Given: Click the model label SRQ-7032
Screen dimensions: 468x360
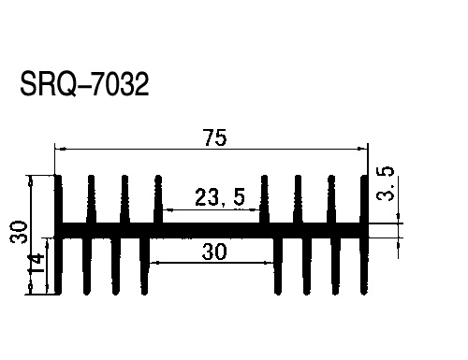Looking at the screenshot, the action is point(84,84).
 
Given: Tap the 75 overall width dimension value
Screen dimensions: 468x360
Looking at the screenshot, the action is point(215,137).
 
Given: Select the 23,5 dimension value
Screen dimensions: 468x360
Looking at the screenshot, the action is point(220,197).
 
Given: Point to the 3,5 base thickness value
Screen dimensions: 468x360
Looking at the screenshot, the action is point(386,183).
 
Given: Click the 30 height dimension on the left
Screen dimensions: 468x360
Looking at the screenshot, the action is point(19,232).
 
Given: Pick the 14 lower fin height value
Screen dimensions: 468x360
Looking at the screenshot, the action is point(37,264).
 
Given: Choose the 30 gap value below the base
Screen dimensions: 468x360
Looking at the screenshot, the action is point(214,252).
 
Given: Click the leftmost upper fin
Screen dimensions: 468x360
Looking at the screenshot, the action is point(58,199).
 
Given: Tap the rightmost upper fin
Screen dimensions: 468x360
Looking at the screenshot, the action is point(364,199).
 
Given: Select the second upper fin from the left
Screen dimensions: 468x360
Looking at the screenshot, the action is point(91,199).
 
